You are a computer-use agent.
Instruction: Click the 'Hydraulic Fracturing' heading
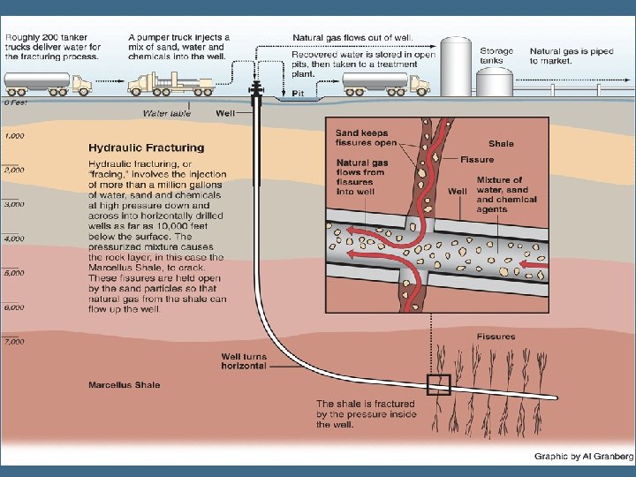pyautogui.click(x=146, y=148)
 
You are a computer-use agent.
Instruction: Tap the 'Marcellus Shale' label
pyautogui.click(x=123, y=385)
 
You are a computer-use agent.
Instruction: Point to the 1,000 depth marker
pyautogui.click(x=14, y=135)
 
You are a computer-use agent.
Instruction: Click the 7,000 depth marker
pyautogui.click(x=14, y=341)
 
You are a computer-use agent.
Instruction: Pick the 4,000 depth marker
pyautogui.click(x=14, y=238)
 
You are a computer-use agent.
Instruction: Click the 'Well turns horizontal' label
pyautogui.click(x=243, y=360)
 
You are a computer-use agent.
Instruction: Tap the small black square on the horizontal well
pyautogui.click(x=439, y=385)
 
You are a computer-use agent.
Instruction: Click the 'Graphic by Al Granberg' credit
pyautogui.click(x=584, y=457)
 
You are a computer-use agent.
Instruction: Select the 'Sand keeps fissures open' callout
pyautogui.click(x=367, y=138)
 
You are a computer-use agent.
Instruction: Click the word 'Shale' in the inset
pyautogui.click(x=500, y=143)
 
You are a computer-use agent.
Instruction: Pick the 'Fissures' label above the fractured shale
pyautogui.click(x=496, y=337)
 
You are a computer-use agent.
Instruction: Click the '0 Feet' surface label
pyautogui.click(x=14, y=102)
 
